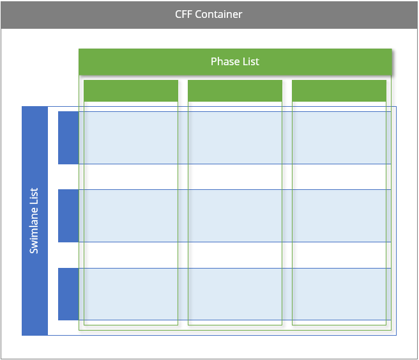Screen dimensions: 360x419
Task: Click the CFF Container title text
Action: pos(209,14)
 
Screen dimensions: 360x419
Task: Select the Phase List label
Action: pos(235,61)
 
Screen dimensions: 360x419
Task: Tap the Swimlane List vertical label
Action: pos(34,221)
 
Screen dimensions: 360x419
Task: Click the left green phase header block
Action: pos(131,91)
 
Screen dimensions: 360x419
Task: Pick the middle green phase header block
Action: pos(235,91)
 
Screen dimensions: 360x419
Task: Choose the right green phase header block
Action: pos(339,91)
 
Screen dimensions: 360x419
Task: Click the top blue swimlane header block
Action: pos(68,137)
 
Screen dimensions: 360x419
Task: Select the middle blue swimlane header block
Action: pos(68,215)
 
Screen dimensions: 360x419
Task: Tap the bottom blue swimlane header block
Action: pos(68,293)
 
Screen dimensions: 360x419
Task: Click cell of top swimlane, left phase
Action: pos(131,137)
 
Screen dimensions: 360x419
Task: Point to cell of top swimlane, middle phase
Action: pos(235,137)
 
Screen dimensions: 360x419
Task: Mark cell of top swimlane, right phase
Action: pos(339,137)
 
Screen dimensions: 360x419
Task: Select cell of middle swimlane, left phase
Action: pos(131,215)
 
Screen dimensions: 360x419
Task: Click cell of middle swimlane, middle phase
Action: pos(235,215)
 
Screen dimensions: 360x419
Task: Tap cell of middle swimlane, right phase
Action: pos(339,215)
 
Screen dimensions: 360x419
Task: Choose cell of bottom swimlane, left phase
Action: pos(131,293)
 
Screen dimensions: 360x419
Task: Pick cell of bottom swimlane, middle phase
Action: pos(235,293)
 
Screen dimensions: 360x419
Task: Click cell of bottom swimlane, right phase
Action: pos(339,293)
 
